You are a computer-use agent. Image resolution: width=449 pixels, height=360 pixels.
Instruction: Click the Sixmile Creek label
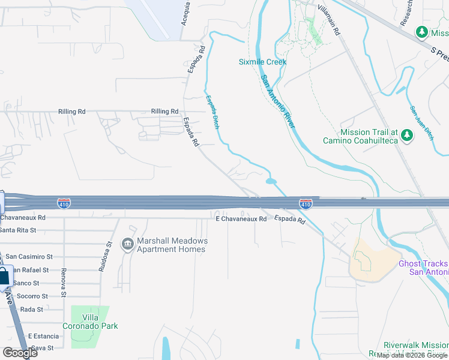point(262,62)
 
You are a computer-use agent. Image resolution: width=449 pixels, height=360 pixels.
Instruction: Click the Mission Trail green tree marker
point(408,135)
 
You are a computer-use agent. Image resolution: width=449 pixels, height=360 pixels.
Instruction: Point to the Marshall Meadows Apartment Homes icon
point(127,244)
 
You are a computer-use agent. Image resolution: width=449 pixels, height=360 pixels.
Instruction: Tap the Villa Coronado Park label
point(92,322)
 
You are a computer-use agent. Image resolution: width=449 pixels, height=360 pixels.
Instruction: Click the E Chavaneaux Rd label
point(241,220)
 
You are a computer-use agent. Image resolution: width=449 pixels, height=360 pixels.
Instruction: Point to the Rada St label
point(31,310)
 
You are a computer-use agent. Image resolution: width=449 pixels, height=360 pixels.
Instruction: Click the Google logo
point(19,352)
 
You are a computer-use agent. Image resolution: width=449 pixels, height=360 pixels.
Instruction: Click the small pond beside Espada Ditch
point(271,181)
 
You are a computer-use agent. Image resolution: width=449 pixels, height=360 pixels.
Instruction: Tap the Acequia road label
point(186,13)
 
